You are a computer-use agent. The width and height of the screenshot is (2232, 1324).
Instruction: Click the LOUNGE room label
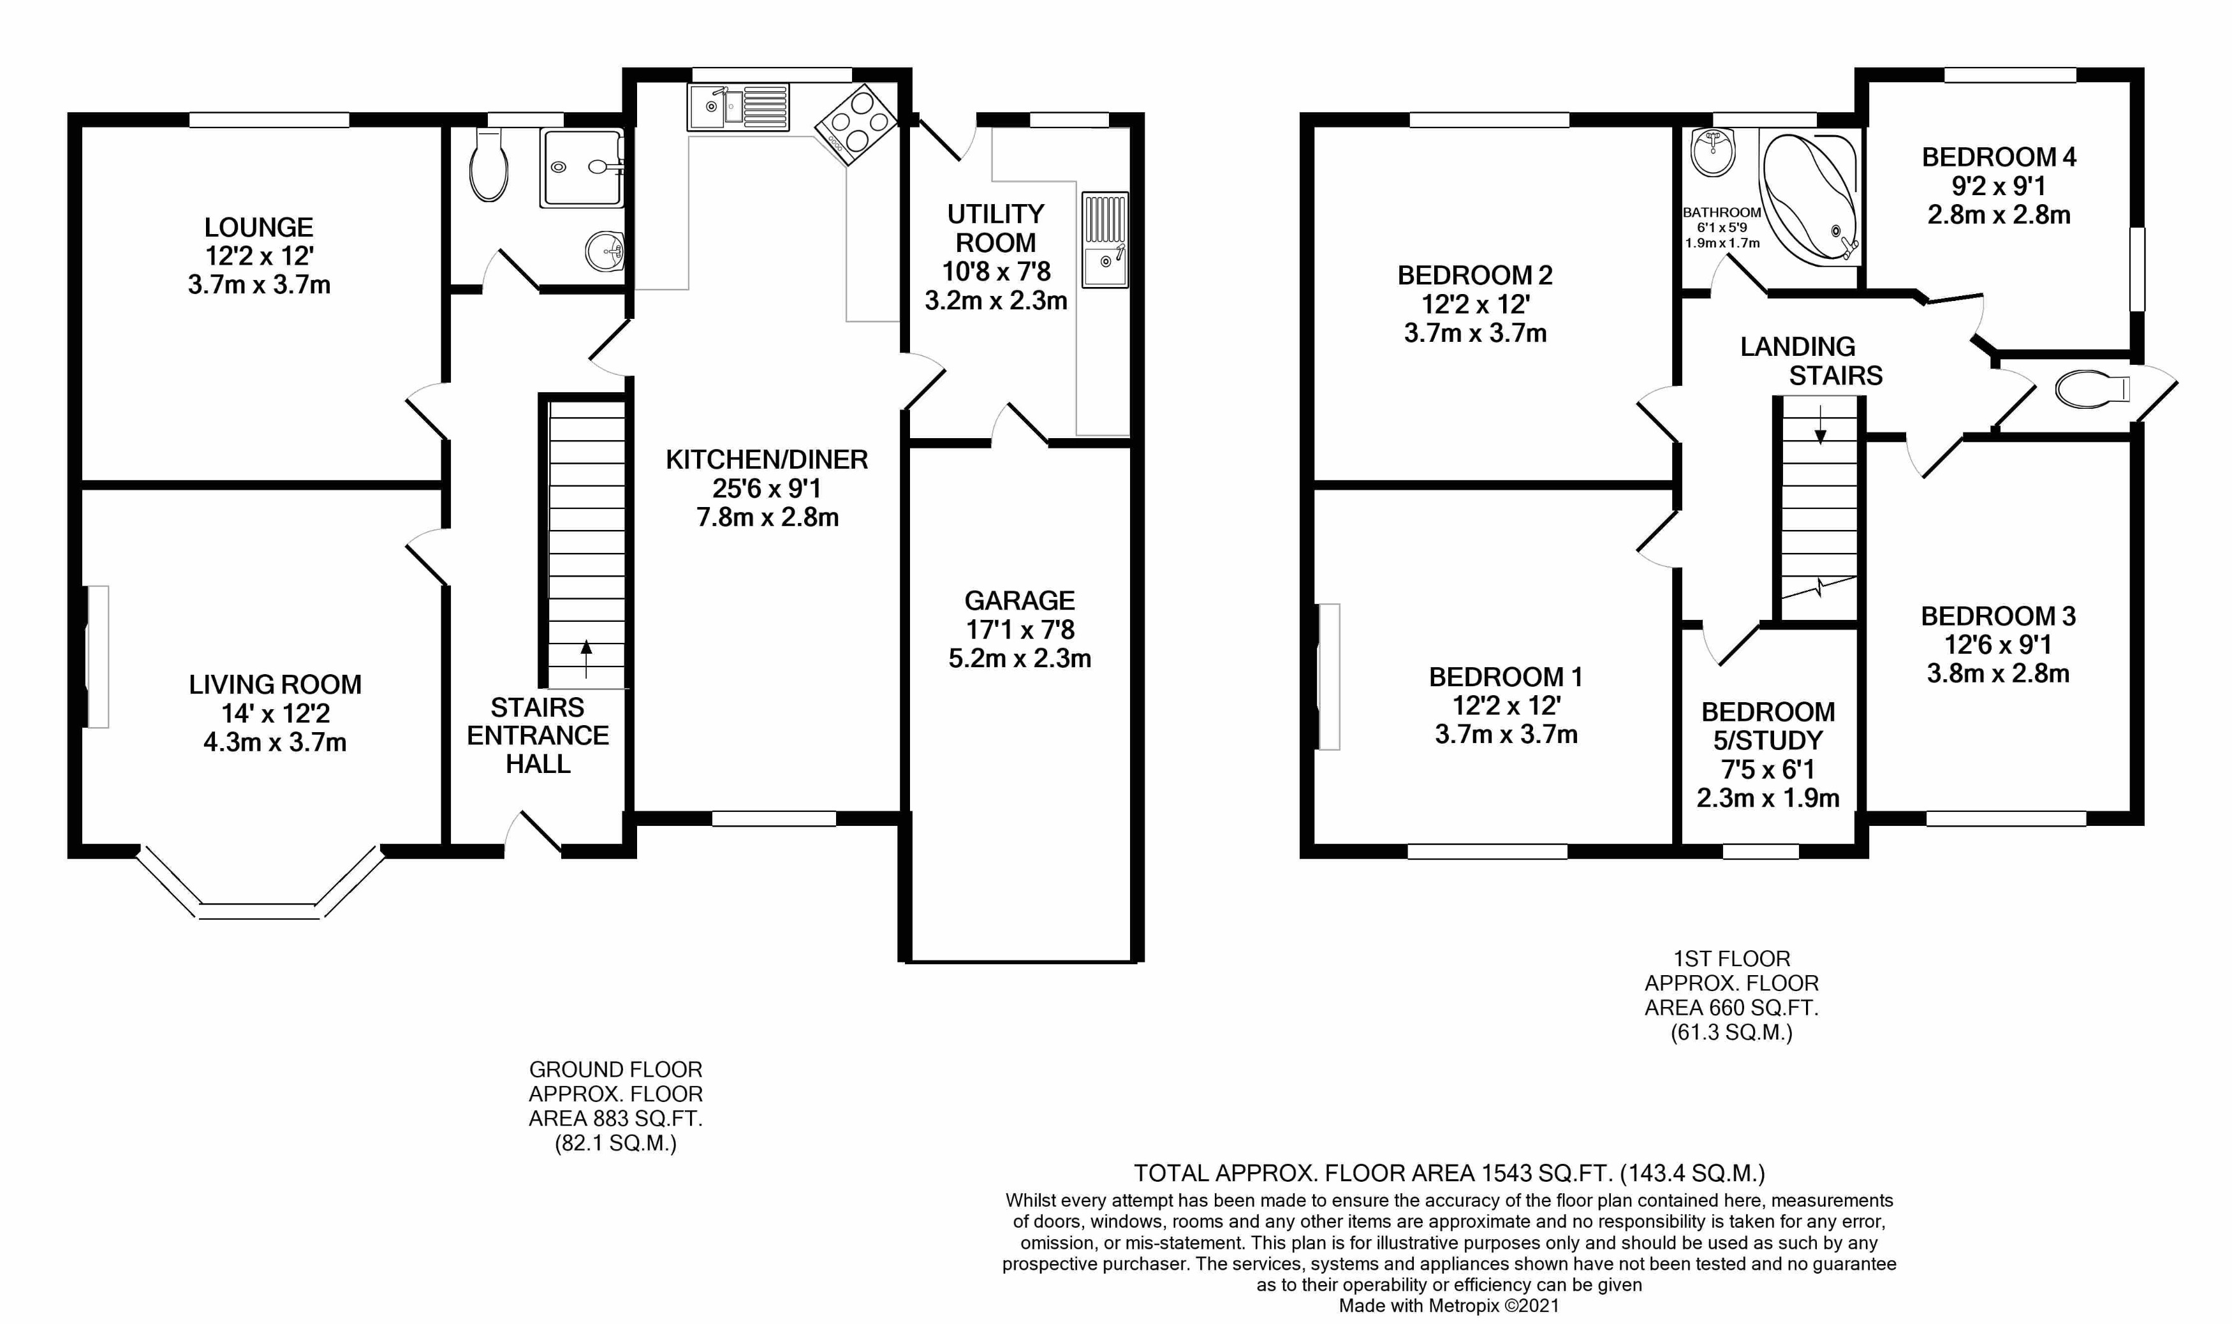(x=259, y=228)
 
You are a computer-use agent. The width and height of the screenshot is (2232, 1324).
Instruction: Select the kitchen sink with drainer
(x=738, y=107)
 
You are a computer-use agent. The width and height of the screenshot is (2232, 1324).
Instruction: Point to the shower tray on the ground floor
(x=580, y=168)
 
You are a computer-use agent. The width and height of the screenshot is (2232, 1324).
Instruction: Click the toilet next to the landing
(x=2091, y=389)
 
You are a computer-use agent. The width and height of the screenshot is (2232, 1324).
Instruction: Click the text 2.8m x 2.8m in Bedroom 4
(x=1998, y=215)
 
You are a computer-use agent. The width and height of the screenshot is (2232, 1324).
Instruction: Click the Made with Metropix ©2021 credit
(x=1449, y=1306)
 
